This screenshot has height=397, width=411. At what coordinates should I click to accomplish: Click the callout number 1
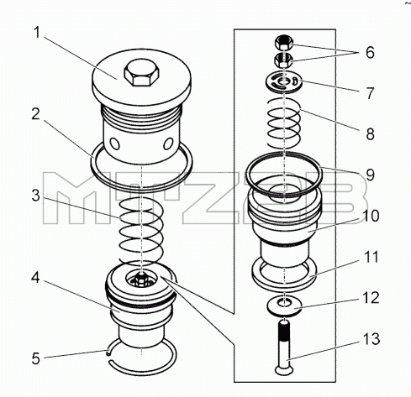[37, 33]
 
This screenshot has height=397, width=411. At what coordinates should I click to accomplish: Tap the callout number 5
[36, 358]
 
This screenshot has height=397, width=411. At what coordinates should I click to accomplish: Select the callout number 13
[371, 339]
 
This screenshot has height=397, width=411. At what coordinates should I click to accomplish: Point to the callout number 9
[371, 175]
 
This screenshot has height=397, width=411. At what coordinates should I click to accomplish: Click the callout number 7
[371, 93]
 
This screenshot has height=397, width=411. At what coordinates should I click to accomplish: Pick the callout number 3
[36, 196]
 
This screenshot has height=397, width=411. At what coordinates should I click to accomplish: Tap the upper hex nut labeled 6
[284, 43]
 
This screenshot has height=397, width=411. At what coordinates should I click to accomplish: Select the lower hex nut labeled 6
[284, 60]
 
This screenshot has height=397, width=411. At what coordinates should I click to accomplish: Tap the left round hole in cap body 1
[115, 144]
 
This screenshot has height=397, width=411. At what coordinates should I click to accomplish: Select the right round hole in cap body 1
[168, 144]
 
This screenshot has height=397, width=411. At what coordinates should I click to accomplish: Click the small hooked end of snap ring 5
[108, 353]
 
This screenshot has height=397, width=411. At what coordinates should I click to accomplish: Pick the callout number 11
[371, 257]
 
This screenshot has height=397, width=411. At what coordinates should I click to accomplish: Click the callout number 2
[36, 114]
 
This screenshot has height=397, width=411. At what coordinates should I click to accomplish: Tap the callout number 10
[371, 216]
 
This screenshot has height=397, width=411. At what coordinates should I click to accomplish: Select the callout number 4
[35, 278]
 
